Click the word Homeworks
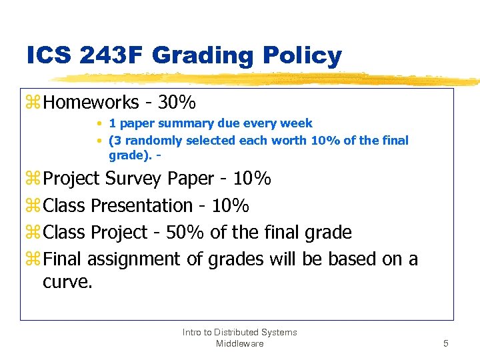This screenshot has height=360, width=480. (x=91, y=103)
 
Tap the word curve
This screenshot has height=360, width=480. (x=67, y=281)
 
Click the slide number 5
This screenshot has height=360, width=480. (x=447, y=343)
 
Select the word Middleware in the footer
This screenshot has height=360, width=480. (x=240, y=343)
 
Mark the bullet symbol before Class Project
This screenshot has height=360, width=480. (x=33, y=233)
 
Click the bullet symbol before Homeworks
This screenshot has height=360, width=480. (x=33, y=103)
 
